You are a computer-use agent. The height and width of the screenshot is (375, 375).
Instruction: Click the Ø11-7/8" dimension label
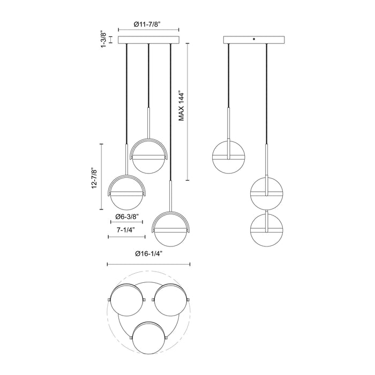148,24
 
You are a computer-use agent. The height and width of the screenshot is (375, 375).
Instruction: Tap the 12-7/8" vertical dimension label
95,177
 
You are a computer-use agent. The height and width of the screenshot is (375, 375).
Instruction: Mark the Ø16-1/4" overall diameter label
149,253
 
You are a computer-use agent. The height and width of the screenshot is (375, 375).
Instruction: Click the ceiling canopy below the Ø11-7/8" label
148,40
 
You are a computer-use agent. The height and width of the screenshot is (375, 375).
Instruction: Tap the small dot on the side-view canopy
254,38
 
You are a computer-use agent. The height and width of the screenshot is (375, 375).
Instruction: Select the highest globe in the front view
149,156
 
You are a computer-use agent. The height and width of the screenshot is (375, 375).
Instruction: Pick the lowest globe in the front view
171,230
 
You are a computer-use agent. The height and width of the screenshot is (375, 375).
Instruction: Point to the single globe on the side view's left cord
229,157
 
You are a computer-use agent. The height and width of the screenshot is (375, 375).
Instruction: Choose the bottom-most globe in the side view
267,229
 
